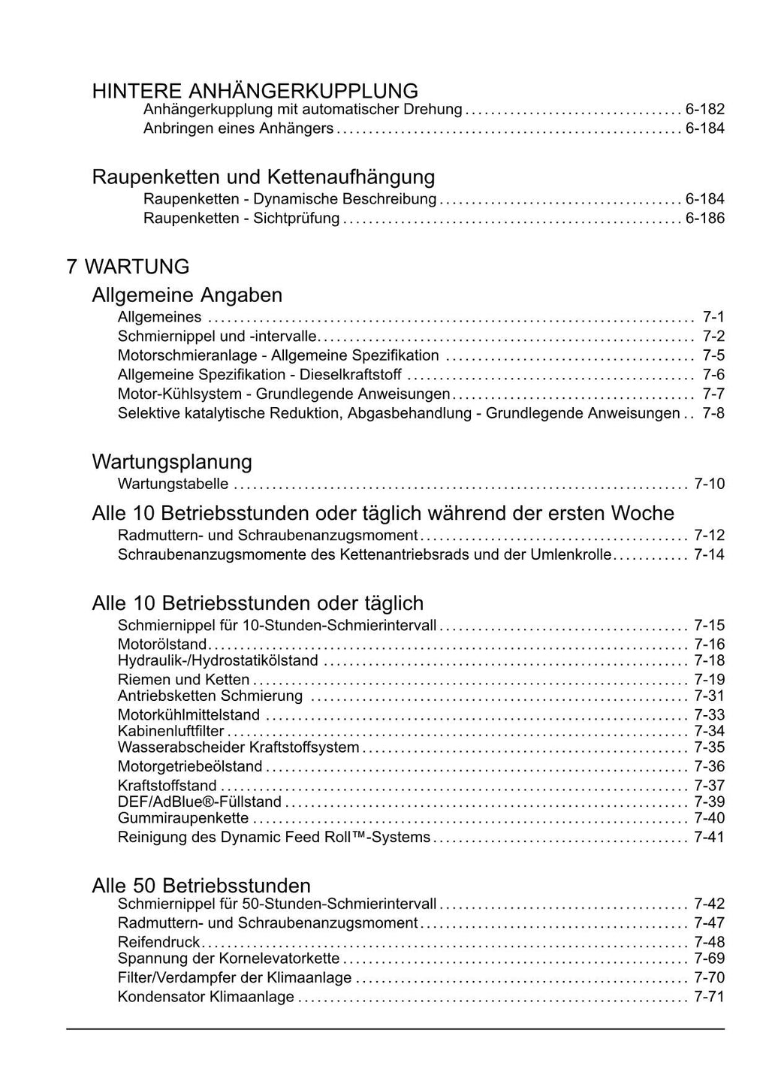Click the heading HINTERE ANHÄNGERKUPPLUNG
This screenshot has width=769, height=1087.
(x=255, y=91)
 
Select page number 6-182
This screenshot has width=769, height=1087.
(x=704, y=110)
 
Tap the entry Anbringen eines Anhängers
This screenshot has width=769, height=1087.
(x=238, y=128)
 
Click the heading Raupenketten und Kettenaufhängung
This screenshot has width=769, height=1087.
(x=263, y=177)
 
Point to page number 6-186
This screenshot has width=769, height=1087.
(x=704, y=219)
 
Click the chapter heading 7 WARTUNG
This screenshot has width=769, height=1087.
(x=128, y=267)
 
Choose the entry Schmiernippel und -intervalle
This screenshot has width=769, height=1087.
(x=217, y=336)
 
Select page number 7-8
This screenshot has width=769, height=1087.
(x=713, y=413)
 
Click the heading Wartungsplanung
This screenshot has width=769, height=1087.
(x=171, y=461)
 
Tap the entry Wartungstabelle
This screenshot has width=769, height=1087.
(x=173, y=484)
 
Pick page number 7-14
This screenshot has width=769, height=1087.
(x=709, y=555)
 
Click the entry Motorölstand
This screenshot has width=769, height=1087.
(x=161, y=644)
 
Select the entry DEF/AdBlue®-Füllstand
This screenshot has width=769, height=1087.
(x=200, y=802)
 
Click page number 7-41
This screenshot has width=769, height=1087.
(x=709, y=837)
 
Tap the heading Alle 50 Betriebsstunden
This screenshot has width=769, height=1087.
(x=201, y=885)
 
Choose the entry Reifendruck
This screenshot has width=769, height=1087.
(x=158, y=942)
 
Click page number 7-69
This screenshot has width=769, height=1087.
(x=709, y=959)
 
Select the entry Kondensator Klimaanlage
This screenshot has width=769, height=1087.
(x=206, y=998)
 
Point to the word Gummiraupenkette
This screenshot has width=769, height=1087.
(x=182, y=818)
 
